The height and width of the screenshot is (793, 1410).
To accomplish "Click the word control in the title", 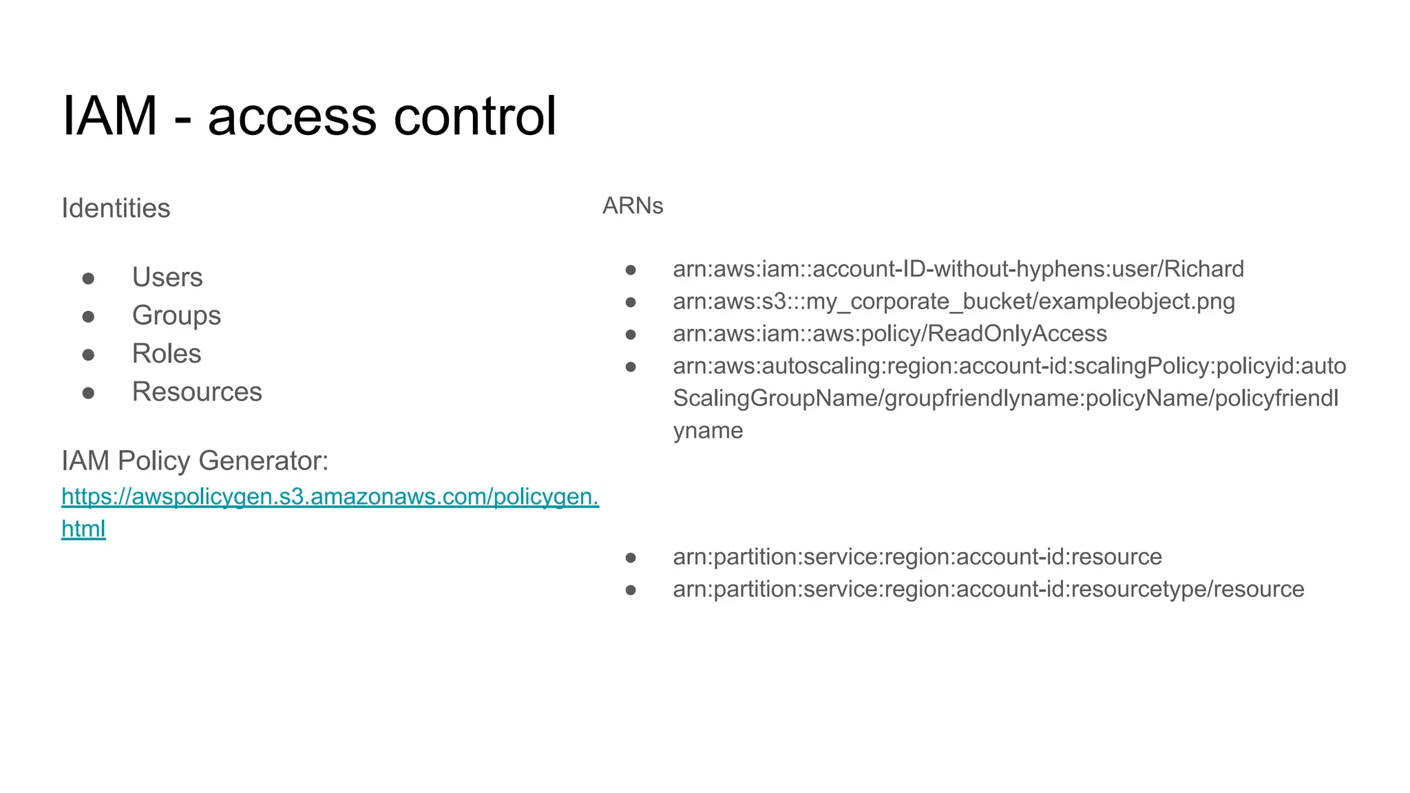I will click(x=474, y=116).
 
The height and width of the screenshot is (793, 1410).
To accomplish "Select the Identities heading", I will click(x=116, y=208).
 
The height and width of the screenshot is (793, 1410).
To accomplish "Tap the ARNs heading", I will click(x=633, y=205).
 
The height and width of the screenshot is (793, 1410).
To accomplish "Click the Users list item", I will click(x=167, y=277).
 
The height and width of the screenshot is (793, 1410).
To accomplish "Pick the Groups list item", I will click(x=176, y=315).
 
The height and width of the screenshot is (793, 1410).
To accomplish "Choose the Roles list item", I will click(x=167, y=353).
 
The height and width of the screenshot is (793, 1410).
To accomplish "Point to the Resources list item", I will click(x=197, y=392).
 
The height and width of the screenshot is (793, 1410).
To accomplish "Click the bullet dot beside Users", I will click(x=88, y=278).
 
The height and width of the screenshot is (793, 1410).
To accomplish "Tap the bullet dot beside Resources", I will click(x=88, y=393).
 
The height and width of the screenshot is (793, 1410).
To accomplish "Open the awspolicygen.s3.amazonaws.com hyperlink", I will click(x=330, y=496).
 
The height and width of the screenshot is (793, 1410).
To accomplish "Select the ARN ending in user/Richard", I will click(x=958, y=268).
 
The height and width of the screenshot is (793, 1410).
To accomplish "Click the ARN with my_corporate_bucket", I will click(x=954, y=302).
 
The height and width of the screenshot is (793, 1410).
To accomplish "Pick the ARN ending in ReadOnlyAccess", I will click(x=890, y=333).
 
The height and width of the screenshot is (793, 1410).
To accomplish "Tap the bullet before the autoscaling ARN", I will click(x=631, y=367).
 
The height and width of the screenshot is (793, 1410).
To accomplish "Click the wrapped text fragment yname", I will click(x=708, y=430).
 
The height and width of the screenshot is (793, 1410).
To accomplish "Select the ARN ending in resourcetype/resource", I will click(x=988, y=589).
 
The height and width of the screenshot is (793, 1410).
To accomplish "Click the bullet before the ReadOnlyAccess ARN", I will click(x=631, y=335).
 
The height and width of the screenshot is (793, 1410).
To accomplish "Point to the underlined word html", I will click(x=83, y=529).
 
